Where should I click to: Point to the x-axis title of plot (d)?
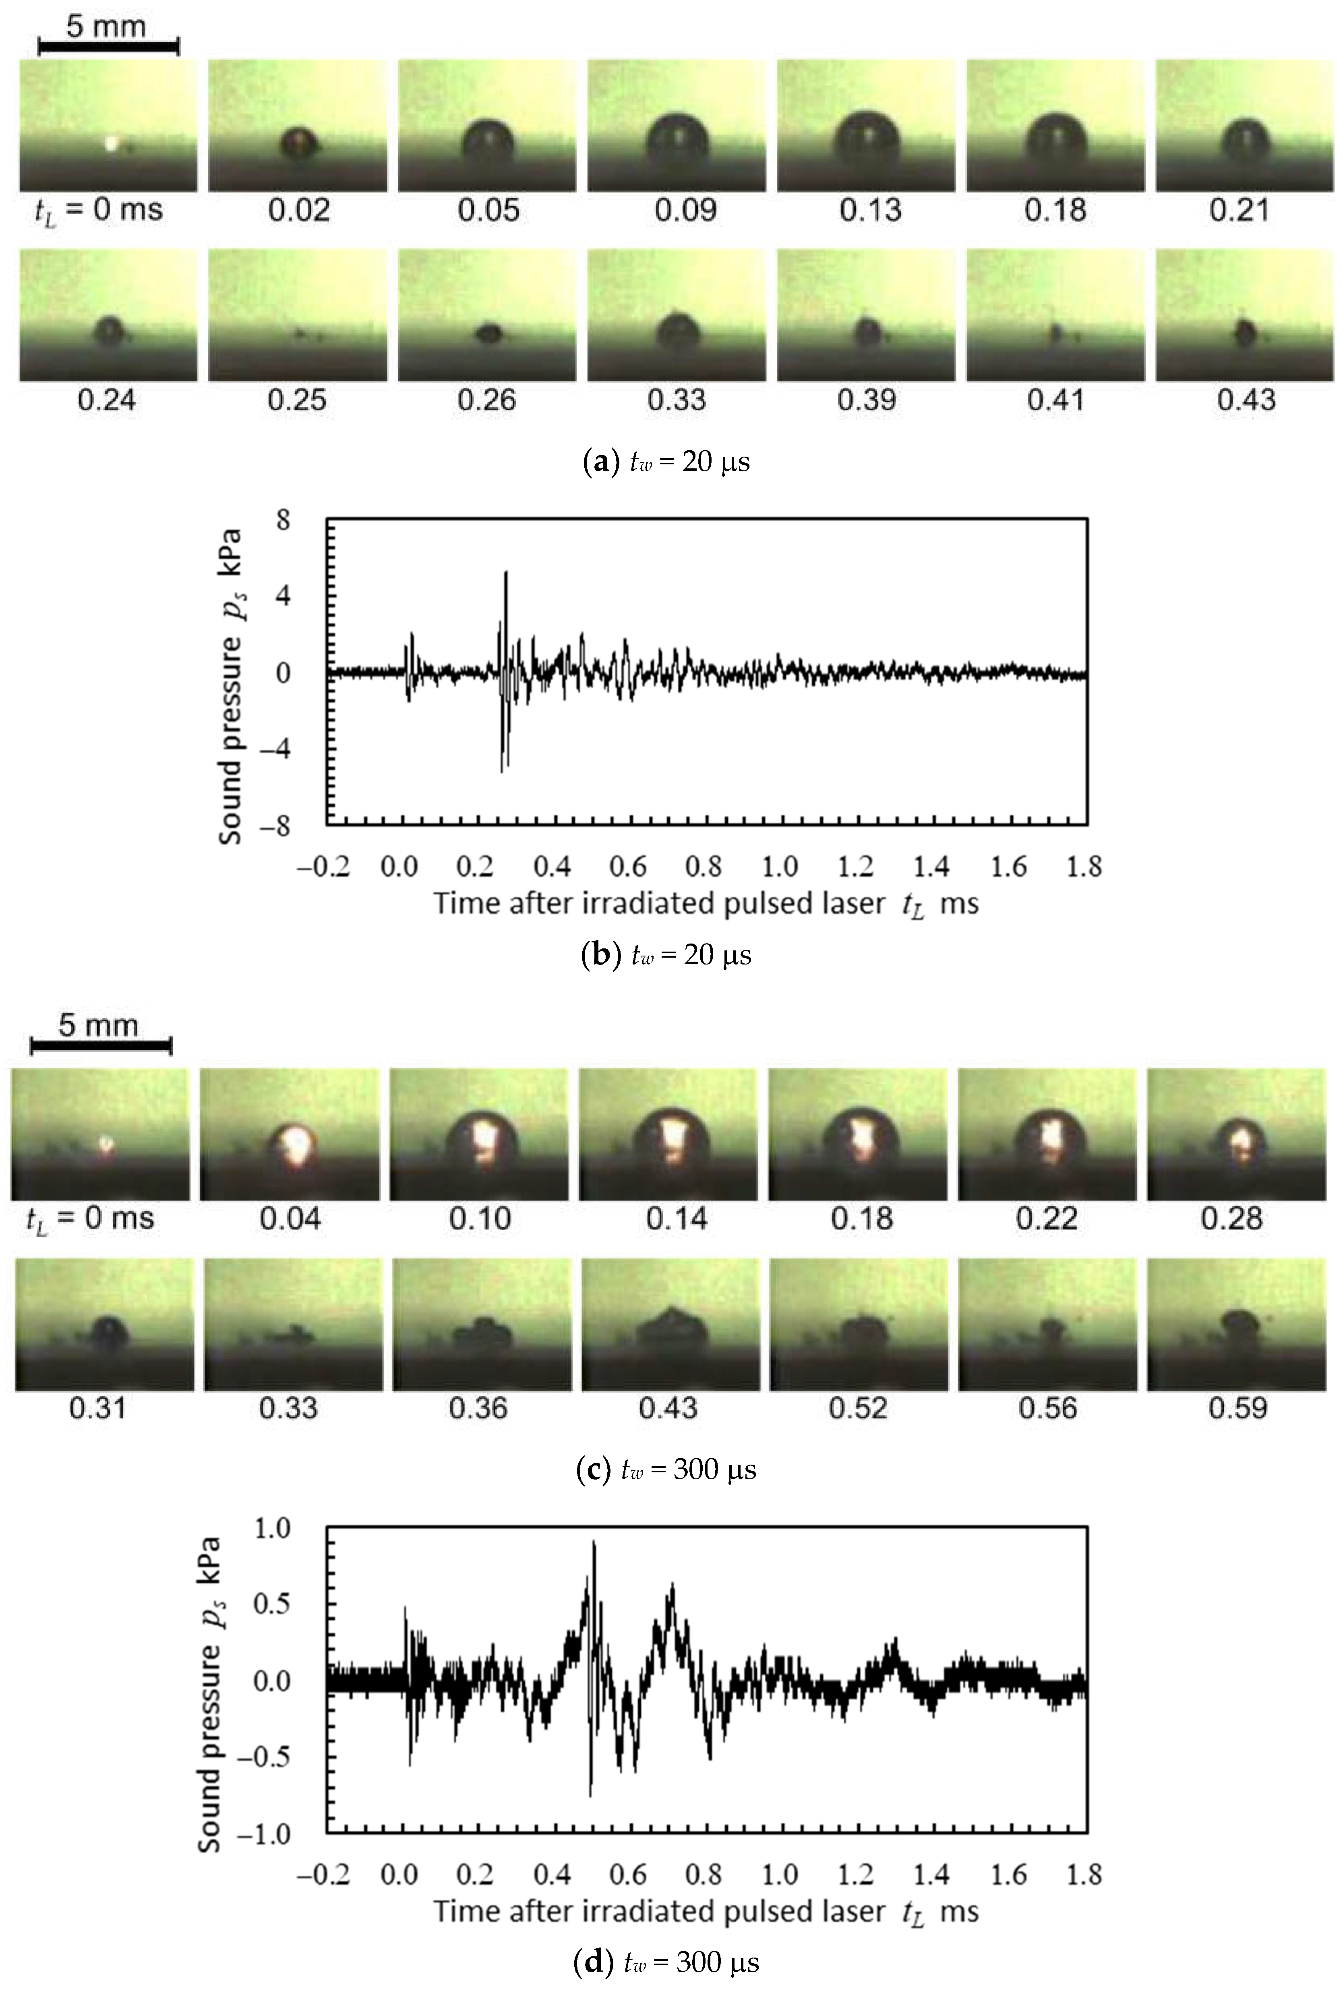pos(705,1911)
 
